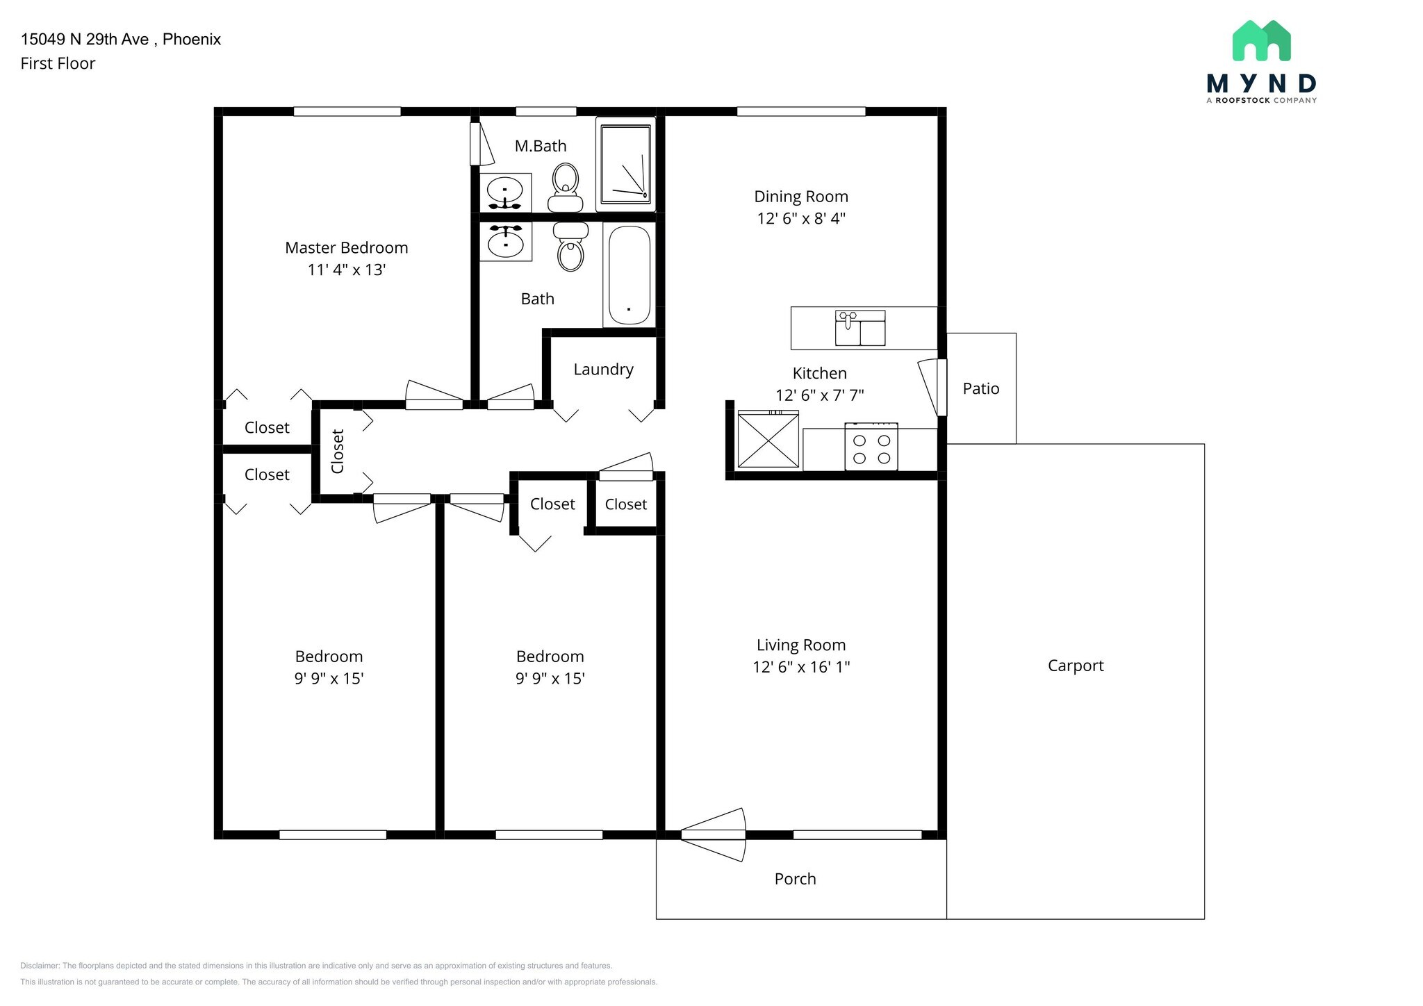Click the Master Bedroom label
point(346,248)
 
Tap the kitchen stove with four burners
point(871,448)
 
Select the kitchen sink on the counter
point(860,329)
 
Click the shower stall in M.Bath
point(625,164)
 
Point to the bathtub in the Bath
point(629,276)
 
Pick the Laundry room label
point(603,370)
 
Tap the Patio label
point(980,389)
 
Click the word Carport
point(1075,666)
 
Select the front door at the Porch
point(714,834)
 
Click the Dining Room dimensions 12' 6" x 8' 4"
point(800,219)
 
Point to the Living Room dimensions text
point(800,667)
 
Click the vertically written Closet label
point(338,452)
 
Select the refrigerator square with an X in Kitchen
point(768,440)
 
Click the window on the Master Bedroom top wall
point(347,111)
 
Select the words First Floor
point(58,64)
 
